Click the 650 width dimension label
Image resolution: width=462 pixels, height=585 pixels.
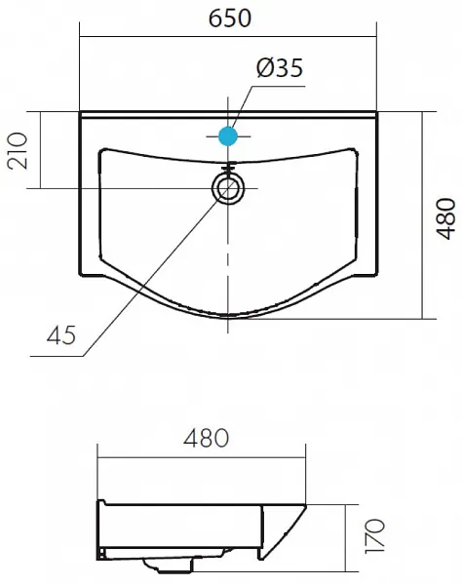click(230, 19)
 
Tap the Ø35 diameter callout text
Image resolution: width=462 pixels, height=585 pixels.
click(280, 68)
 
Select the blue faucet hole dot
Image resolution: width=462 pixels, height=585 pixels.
click(228, 136)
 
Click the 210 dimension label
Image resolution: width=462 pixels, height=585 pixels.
click(18, 151)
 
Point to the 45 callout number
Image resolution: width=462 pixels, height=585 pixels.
click(61, 334)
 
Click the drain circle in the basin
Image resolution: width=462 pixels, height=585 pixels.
click(228, 188)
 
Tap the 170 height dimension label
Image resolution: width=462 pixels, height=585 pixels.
click(374, 535)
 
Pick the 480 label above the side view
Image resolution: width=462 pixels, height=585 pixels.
click(207, 438)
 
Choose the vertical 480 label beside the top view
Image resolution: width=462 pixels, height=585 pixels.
click(446, 218)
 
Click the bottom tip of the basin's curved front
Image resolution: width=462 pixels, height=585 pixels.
click(228, 318)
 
